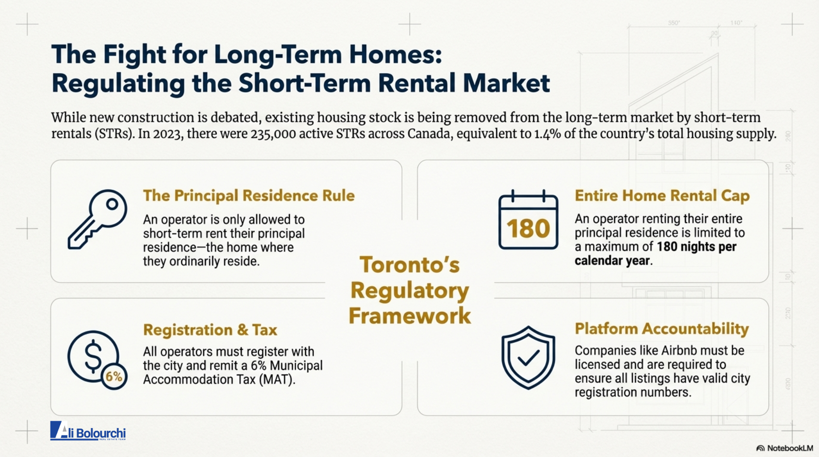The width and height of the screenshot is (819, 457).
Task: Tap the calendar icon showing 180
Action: click(x=528, y=219)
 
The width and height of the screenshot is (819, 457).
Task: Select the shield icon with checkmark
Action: click(x=528, y=357)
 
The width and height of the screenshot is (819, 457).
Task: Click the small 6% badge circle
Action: click(x=114, y=377)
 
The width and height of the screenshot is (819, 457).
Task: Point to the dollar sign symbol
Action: click(x=93, y=356)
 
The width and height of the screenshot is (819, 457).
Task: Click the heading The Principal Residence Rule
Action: click(x=249, y=195)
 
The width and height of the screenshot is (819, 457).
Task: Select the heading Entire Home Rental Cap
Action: click(x=662, y=195)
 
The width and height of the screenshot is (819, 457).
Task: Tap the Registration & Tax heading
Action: click(x=210, y=330)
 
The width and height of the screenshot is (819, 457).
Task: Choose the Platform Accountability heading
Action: click(x=662, y=329)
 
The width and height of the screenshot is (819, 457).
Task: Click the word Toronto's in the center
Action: click(x=409, y=265)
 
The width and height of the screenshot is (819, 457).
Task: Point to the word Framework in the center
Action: click(x=409, y=316)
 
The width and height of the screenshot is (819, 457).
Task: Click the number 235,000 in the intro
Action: click(x=273, y=134)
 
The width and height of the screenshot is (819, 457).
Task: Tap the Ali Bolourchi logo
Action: click(x=88, y=431)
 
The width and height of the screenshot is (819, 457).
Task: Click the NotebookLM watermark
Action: click(x=785, y=448)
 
